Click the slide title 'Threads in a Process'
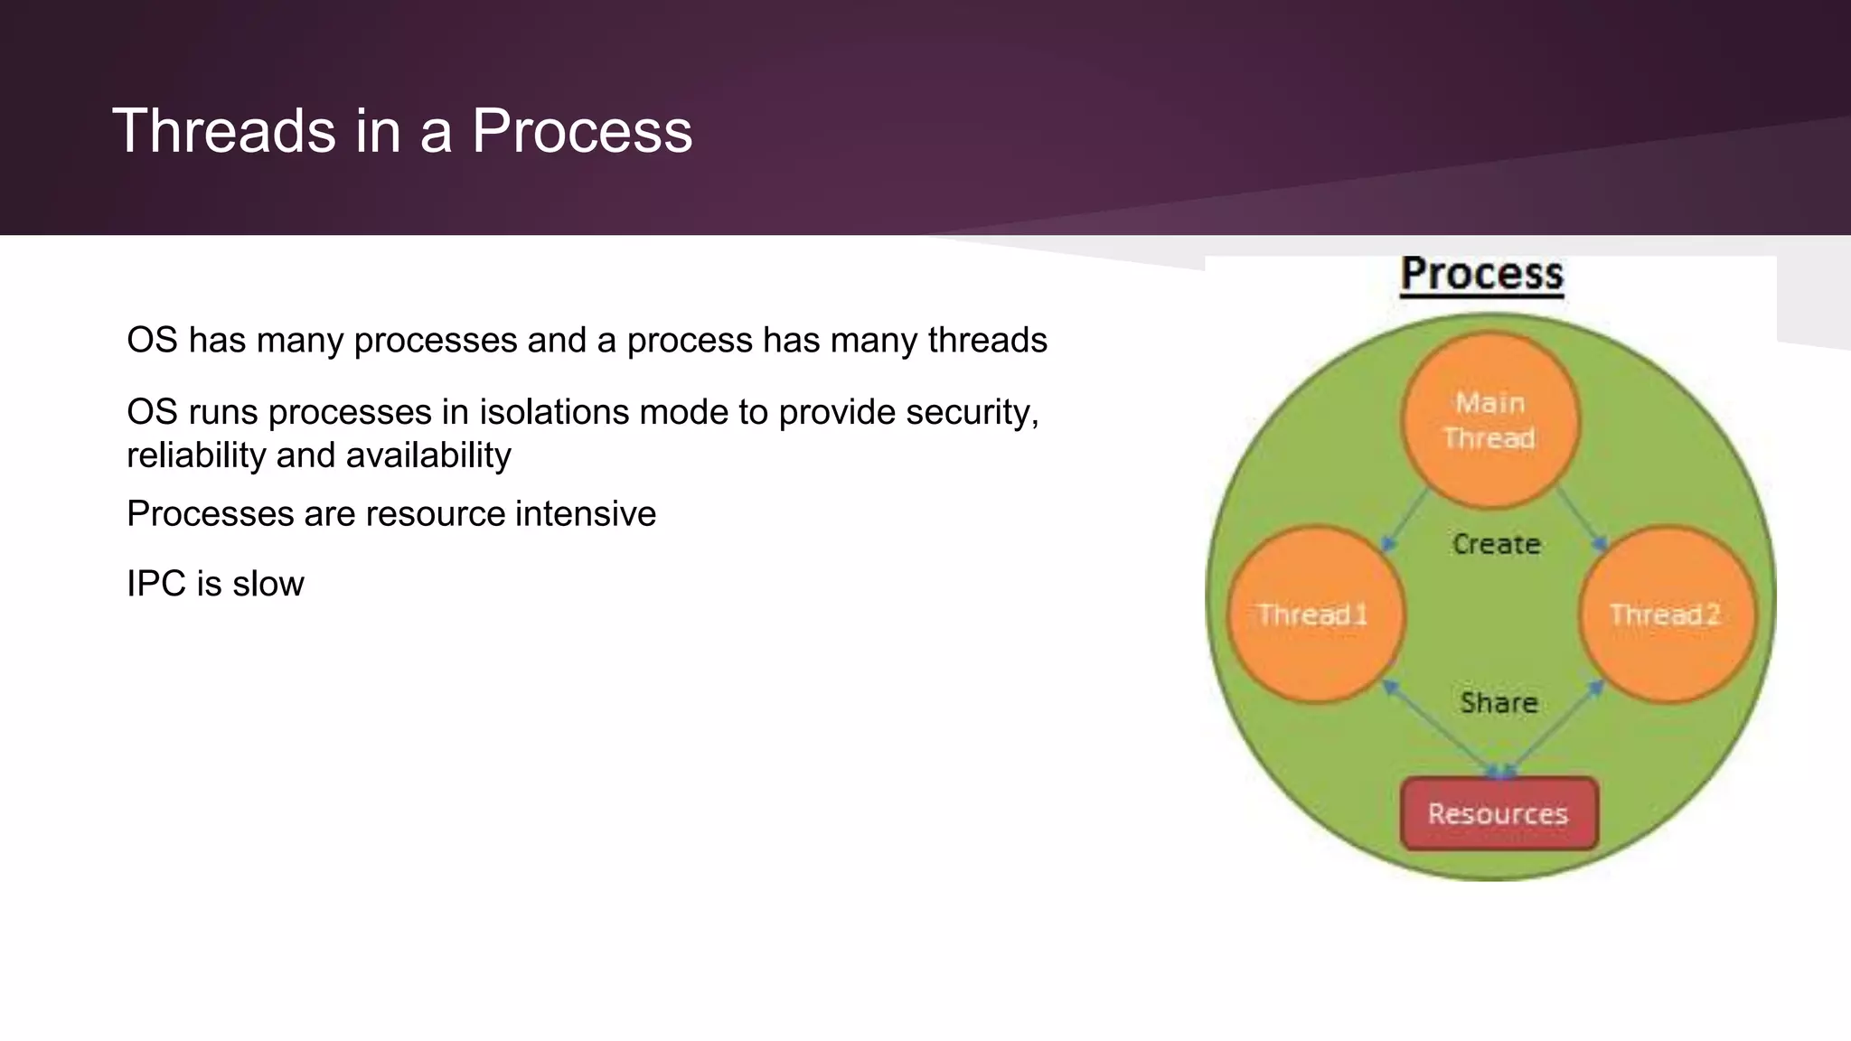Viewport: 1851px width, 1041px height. (x=402, y=131)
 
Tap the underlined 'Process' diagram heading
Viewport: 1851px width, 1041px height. (x=1482, y=274)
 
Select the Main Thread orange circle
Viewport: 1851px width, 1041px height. (x=1490, y=420)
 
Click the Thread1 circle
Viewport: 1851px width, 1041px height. (x=1315, y=614)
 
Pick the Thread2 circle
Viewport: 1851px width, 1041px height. (x=1666, y=614)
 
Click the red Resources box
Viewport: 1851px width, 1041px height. (x=1499, y=813)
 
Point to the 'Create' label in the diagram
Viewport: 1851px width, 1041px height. (x=1497, y=544)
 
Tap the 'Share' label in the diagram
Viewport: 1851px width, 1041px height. (x=1499, y=702)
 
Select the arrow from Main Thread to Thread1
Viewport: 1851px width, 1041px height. (x=1406, y=519)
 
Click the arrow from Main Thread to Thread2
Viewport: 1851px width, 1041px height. (x=1580, y=519)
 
